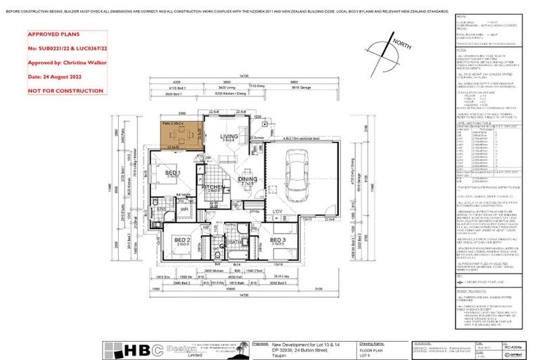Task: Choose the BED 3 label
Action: click(278, 240)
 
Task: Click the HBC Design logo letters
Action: click(132, 349)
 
